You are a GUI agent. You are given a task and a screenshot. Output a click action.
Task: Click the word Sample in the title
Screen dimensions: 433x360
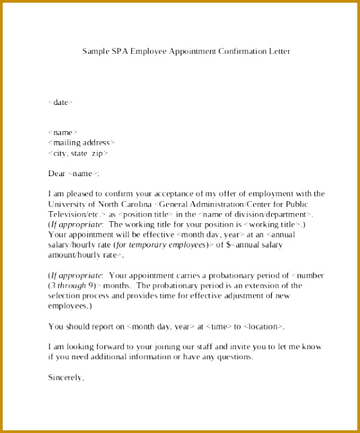95,51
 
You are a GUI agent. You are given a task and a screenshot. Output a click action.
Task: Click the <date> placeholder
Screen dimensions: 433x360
61,102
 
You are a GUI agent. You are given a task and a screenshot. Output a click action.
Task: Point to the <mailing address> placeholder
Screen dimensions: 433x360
81,143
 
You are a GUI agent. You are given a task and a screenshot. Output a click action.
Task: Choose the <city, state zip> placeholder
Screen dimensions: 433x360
78,153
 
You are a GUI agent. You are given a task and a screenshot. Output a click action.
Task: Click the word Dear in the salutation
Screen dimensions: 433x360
57,173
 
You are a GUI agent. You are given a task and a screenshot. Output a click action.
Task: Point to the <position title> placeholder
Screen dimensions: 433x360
130,214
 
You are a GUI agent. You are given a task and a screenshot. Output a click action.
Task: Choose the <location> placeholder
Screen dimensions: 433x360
263,327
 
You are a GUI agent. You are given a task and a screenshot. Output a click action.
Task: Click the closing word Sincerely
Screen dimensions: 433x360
66,378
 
